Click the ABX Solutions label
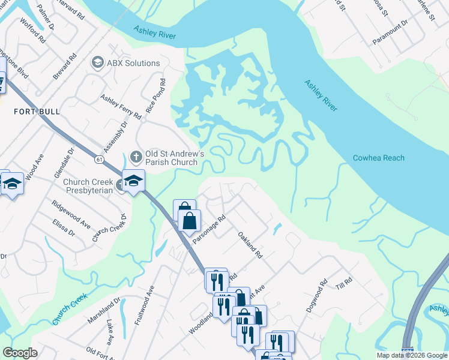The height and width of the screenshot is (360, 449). click(x=133, y=63)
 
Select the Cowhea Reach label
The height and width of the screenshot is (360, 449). click(x=378, y=158)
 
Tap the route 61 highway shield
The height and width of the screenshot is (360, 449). click(x=98, y=159)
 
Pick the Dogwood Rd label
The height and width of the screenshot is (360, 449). click(x=315, y=295)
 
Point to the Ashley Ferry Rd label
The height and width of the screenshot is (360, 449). click(x=121, y=106)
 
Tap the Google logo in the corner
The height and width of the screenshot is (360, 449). click(x=20, y=353)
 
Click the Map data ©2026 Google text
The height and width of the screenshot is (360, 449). click(x=412, y=355)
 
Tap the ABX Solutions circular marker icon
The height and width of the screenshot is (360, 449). click(x=97, y=63)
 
